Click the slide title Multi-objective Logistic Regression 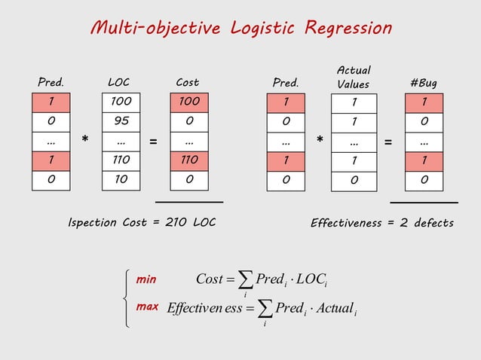click(x=240, y=29)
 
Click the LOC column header click(x=119, y=82)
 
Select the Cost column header click(x=187, y=82)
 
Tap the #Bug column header click(x=423, y=82)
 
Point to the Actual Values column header click(x=353, y=78)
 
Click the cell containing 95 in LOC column click(x=121, y=121)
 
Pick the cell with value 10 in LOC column click(x=121, y=179)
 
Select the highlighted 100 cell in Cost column click(x=189, y=101)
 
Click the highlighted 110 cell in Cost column click(x=189, y=160)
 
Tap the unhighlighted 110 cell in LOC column click(x=121, y=160)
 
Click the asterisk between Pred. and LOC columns click(x=86, y=141)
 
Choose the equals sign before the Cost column click(x=154, y=141)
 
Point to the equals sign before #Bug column click(x=388, y=141)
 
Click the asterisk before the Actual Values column click(x=320, y=141)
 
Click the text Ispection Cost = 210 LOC click(x=142, y=223)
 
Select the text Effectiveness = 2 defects click(x=382, y=223)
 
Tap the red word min click(x=146, y=279)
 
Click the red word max click(x=147, y=308)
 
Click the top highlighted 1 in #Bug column click(x=424, y=101)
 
